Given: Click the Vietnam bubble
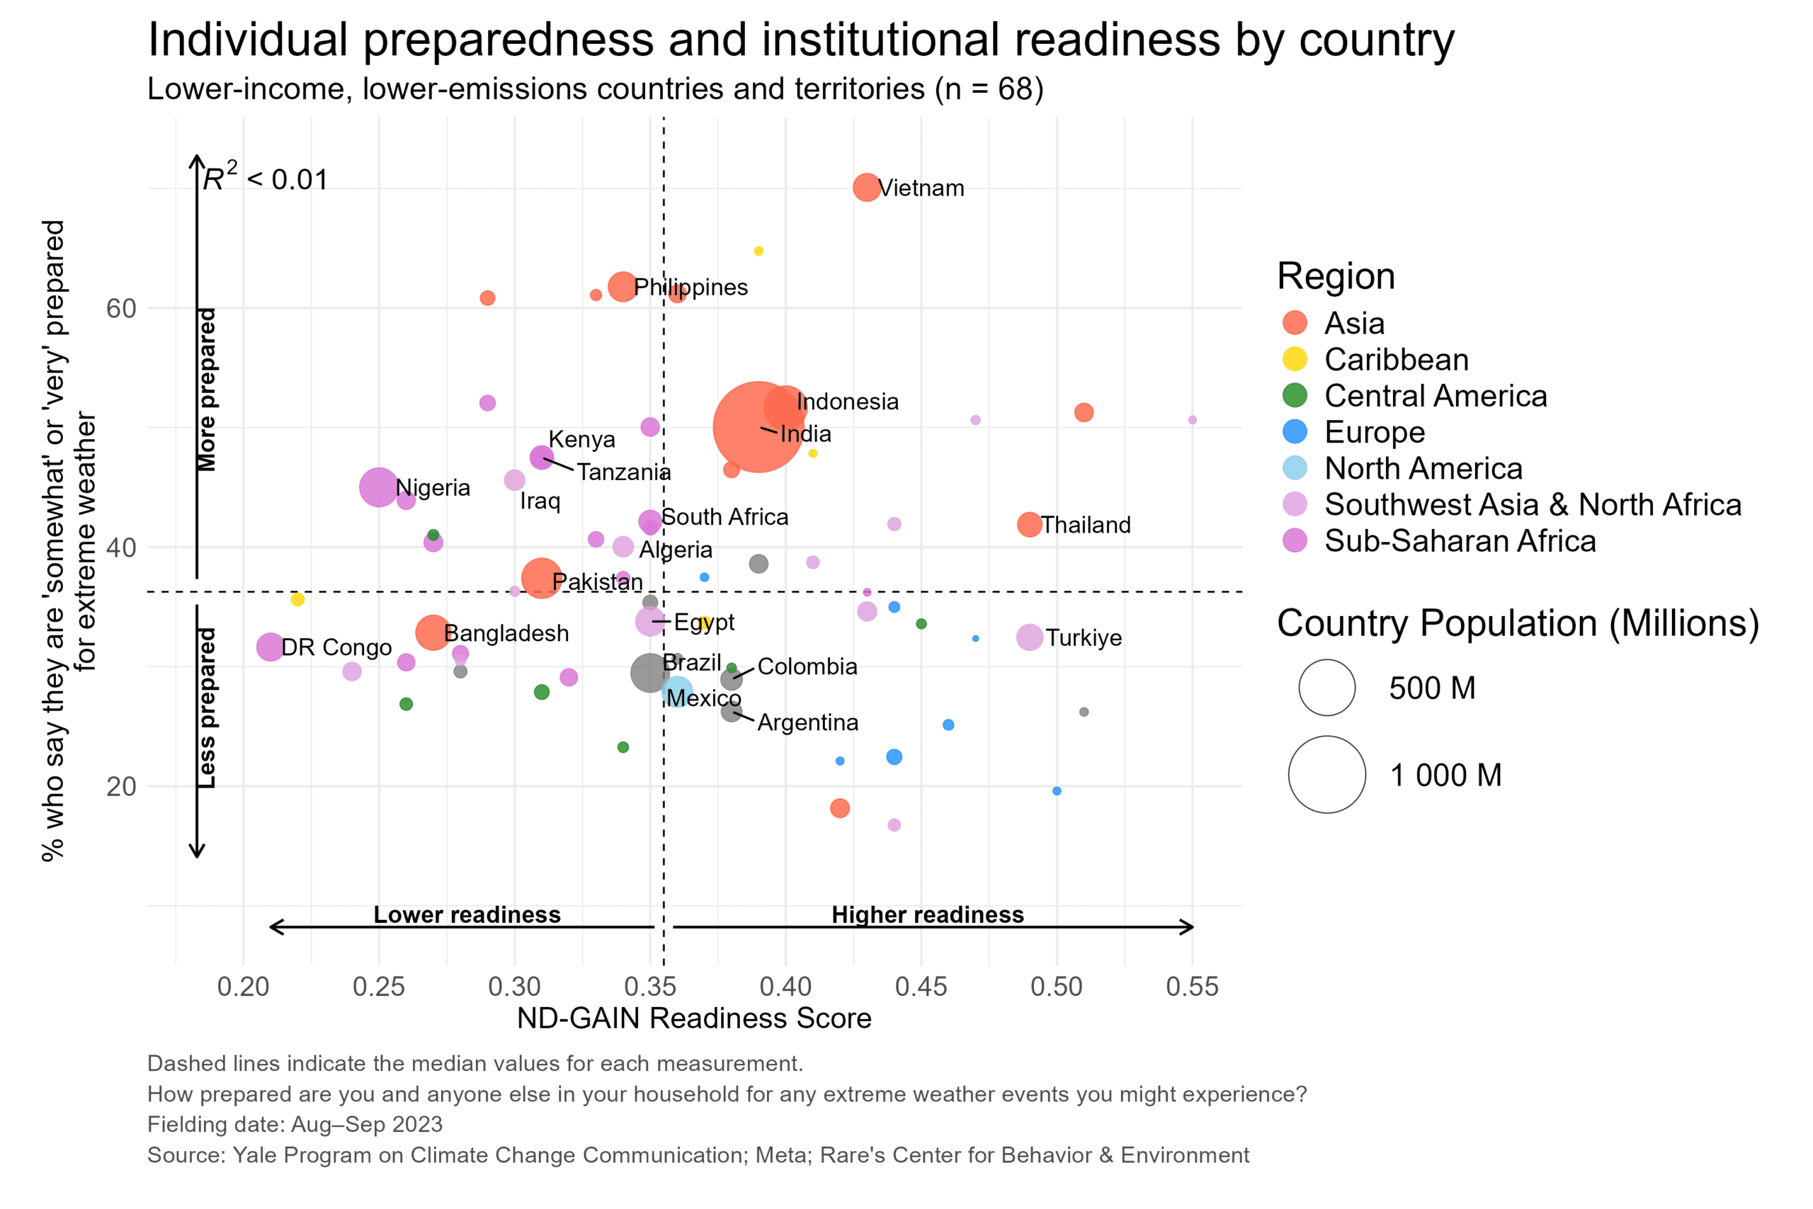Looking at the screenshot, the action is [x=866, y=188].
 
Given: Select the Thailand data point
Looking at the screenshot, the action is [x=1029, y=524].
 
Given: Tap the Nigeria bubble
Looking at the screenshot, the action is [x=378, y=487].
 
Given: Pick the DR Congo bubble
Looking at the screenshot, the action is [x=270, y=646].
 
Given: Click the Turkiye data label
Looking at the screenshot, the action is [x=1083, y=637].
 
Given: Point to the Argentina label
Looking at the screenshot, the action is [x=808, y=722].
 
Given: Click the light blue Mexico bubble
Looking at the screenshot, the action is [x=677, y=692].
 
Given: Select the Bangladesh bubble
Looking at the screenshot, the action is [x=433, y=632].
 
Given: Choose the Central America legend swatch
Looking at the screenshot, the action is [x=1295, y=395].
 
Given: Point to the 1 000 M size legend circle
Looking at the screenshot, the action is [x=1326, y=774].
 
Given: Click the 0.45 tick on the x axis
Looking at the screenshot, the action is [x=921, y=986].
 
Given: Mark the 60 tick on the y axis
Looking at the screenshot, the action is [x=121, y=308].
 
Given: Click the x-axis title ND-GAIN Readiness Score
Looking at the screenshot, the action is [x=694, y=1018].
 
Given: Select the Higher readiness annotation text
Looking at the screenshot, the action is [x=927, y=914].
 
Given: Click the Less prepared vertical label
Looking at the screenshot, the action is [x=207, y=708].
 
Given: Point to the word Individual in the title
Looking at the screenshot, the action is [x=247, y=40].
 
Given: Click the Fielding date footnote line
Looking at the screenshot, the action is [x=295, y=1124].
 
